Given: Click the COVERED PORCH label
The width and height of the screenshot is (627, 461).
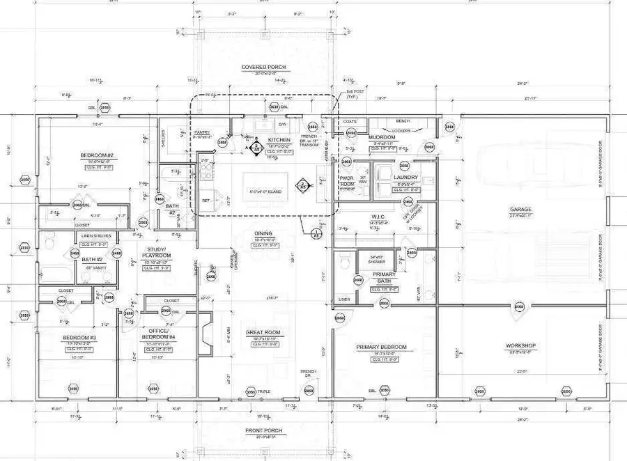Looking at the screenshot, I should (x=264, y=68).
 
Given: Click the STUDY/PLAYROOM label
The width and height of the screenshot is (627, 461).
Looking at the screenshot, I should (x=157, y=252).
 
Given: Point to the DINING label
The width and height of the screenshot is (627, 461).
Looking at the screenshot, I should (x=263, y=233).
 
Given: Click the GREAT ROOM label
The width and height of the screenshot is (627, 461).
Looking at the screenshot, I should (x=263, y=332).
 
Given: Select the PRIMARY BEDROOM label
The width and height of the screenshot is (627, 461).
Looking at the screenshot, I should (x=380, y=347).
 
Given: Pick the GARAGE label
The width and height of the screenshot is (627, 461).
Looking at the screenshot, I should (x=520, y=209).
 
